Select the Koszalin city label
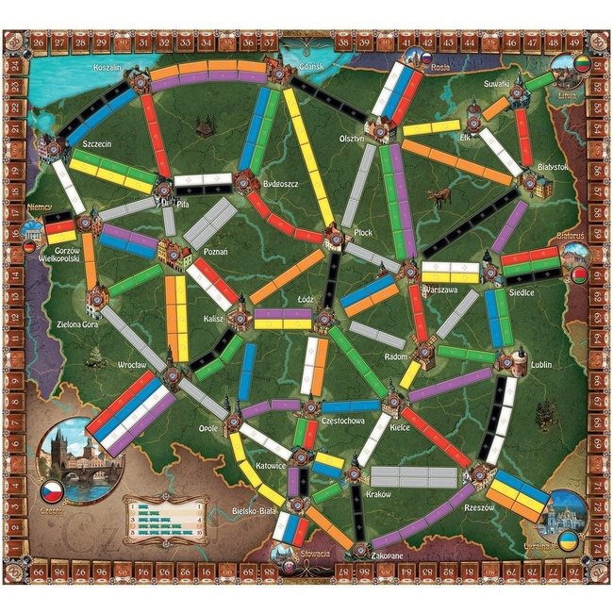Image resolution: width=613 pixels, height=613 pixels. [110, 69]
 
